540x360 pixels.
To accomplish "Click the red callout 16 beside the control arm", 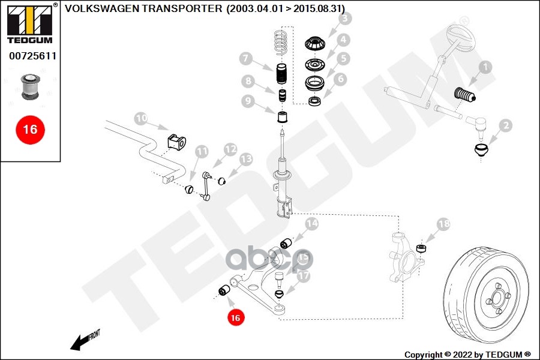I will click(x=235, y=317).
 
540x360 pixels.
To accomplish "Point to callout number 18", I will click(x=443, y=224).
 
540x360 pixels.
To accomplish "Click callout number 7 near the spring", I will click(x=245, y=58).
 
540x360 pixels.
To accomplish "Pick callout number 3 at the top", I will click(x=344, y=19).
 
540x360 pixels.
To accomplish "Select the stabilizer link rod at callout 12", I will click(x=206, y=186).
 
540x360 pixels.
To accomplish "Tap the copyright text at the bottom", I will click(x=467, y=354).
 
